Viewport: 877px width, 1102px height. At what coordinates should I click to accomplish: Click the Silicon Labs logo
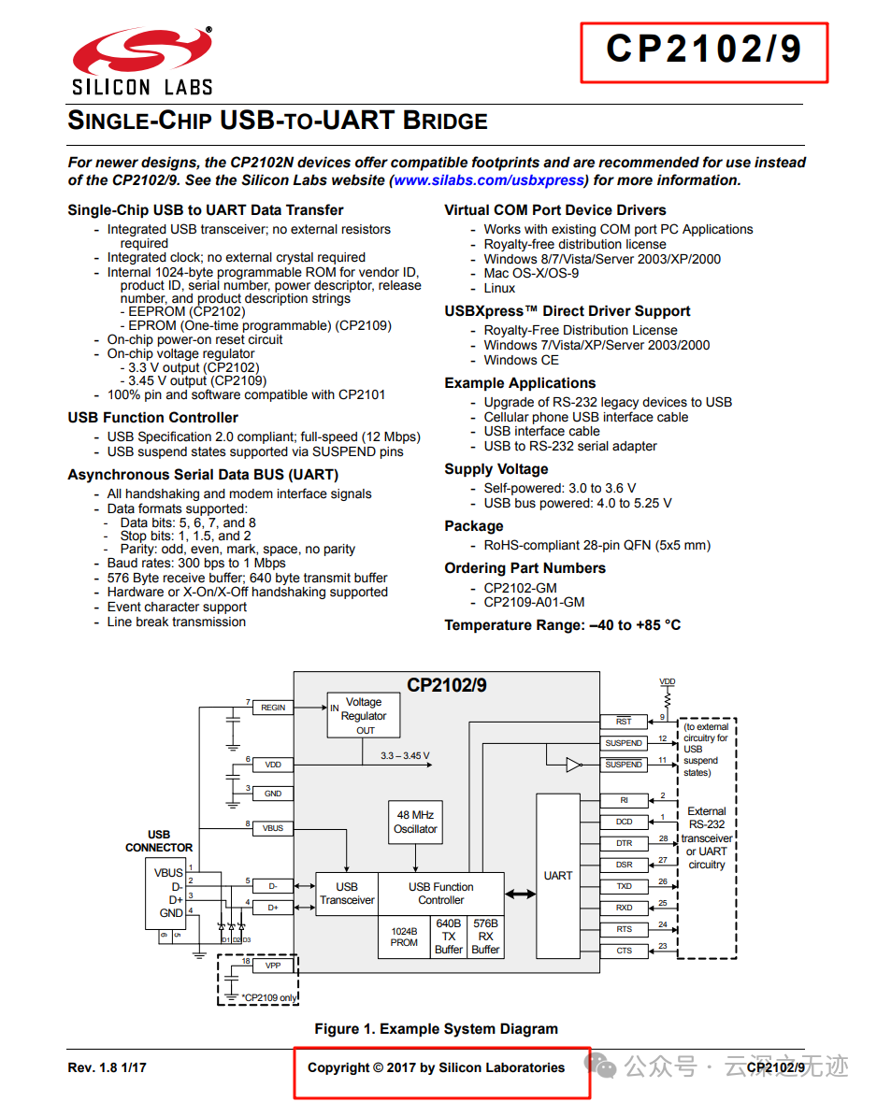click(142, 61)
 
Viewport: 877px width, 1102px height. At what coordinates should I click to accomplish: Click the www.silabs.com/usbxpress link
click(489, 180)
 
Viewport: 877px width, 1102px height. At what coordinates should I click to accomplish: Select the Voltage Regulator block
click(364, 715)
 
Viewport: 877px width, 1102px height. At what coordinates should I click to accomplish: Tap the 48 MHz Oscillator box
click(415, 822)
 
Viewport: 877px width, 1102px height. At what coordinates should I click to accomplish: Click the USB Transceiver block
click(347, 894)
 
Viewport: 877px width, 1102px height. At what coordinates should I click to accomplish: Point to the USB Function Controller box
click(440, 894)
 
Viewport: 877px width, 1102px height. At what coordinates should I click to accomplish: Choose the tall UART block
click(558, 876)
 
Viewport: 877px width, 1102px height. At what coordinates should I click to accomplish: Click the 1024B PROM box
click(404, 937)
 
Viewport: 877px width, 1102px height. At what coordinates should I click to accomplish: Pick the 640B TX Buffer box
click(449, 937)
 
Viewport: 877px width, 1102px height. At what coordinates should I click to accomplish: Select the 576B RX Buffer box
click(485, 937)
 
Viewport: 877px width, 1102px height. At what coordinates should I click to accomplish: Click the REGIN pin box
click(273, 708)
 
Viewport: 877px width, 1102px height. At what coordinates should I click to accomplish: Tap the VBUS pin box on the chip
click(273, 828)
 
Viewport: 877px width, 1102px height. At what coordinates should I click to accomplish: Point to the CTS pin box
click(624, 951)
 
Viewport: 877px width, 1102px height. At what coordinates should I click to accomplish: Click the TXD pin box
click(624, 886)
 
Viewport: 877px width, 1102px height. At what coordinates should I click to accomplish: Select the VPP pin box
click(273, 965)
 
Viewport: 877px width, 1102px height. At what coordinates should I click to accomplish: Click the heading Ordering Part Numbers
click(525, 568)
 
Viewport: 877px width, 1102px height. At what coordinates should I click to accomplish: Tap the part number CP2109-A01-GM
click(534, 602)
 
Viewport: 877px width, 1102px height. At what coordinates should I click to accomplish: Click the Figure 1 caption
click(436, 1029)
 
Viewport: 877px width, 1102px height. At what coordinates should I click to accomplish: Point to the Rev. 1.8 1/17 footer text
click(107, 1067)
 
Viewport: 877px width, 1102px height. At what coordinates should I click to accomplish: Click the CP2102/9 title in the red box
click(703, 50)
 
